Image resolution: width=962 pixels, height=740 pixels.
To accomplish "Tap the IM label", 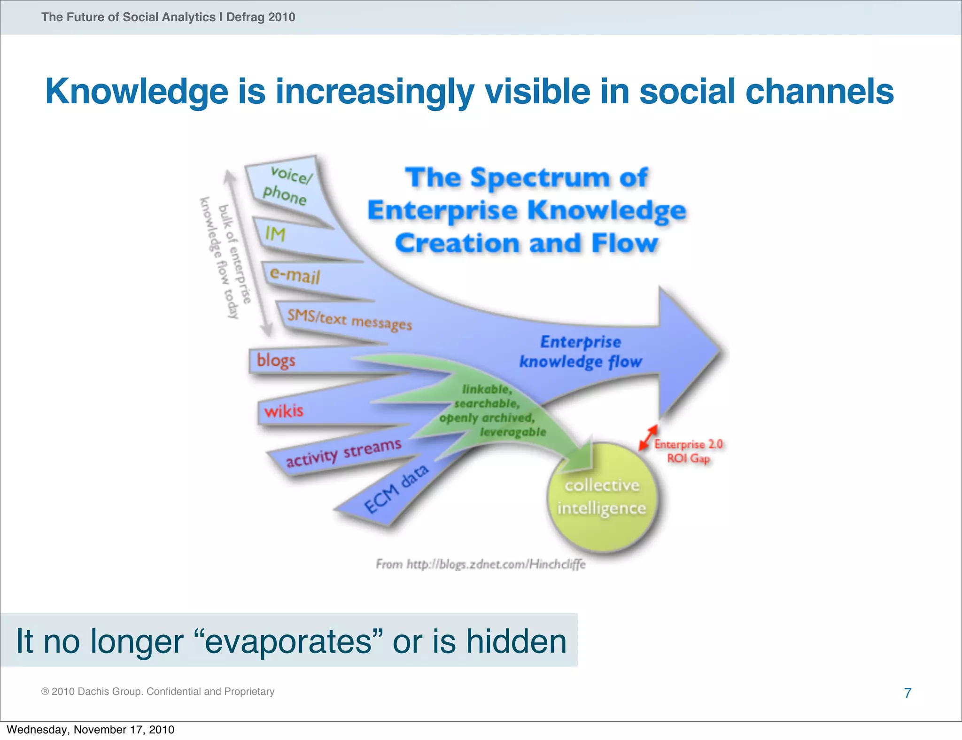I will pyautogui.click(x=275, y=234).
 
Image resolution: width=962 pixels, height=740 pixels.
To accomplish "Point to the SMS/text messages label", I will pyautogui.click(x=349, y=320).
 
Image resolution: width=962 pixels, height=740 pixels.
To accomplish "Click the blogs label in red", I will pyautogui.click(x=276, y=361).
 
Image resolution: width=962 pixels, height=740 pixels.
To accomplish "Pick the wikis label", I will pyautogui.click(x=284, y=411).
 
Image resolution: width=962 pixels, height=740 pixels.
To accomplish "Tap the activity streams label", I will pyautogui.click(x=344, y=453).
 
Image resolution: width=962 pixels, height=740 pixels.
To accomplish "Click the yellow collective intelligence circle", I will pyautogui.click(x=602, y=498).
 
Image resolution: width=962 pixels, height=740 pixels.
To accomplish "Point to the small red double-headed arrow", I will pyautogui.click(x=648, y=438).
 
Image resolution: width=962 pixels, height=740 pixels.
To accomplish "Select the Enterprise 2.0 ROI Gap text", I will pyautogui.click(x=688, y=451).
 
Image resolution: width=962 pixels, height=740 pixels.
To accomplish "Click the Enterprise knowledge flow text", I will pyautogui.click(x=581, y=352).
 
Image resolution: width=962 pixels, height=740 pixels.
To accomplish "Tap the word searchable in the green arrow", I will pyautogui.click(x=487, y=404).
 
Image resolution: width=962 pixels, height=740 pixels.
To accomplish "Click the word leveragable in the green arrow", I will pyautogui.click(x=513, y=432).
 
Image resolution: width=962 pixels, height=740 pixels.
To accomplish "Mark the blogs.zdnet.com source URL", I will pyautogui.click(x=481, y=564).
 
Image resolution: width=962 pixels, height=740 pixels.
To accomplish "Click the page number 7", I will pyautogui.click(x=908, y=693).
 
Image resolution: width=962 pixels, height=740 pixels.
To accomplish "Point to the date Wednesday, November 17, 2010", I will pyautogui.click(x=91, y=730).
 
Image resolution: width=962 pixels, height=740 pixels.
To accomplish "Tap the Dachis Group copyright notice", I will pyautogui.click(x=158, y=691).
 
